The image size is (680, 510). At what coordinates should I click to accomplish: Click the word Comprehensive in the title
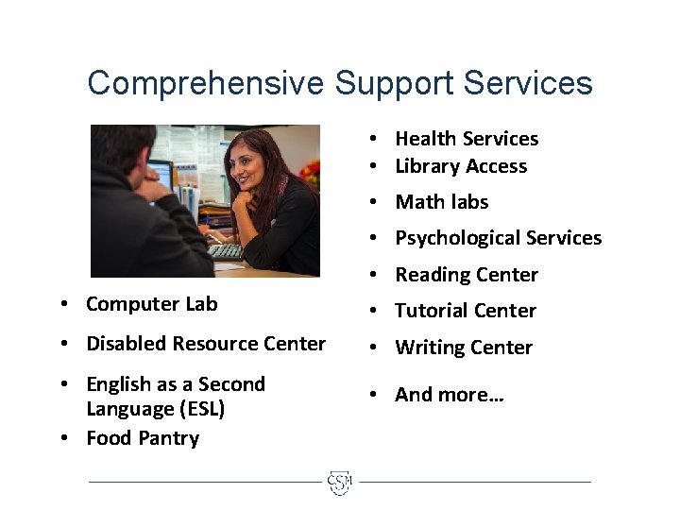[206, 83]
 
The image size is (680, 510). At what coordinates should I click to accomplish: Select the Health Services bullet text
[467, 139]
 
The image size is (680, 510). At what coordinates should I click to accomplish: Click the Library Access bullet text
[461, 166]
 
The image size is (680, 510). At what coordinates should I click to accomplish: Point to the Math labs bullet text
[442, 202]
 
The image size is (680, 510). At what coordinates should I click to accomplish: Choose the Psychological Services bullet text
[498, 238]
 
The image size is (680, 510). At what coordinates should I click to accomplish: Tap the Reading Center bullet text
[467, 275]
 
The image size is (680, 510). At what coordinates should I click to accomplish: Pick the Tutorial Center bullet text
[466, 311]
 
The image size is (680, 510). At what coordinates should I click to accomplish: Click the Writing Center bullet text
[464, 348]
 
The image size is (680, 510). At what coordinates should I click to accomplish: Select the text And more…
[450, 395]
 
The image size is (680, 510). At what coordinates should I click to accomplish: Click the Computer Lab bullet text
[152, 304]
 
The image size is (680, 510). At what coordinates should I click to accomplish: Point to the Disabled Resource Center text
[206, 344]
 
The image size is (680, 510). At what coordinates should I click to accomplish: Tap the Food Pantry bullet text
[143, 438]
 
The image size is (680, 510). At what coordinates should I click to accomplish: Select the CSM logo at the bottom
[339, 483]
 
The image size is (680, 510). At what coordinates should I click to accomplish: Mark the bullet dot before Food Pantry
[61, 438]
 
